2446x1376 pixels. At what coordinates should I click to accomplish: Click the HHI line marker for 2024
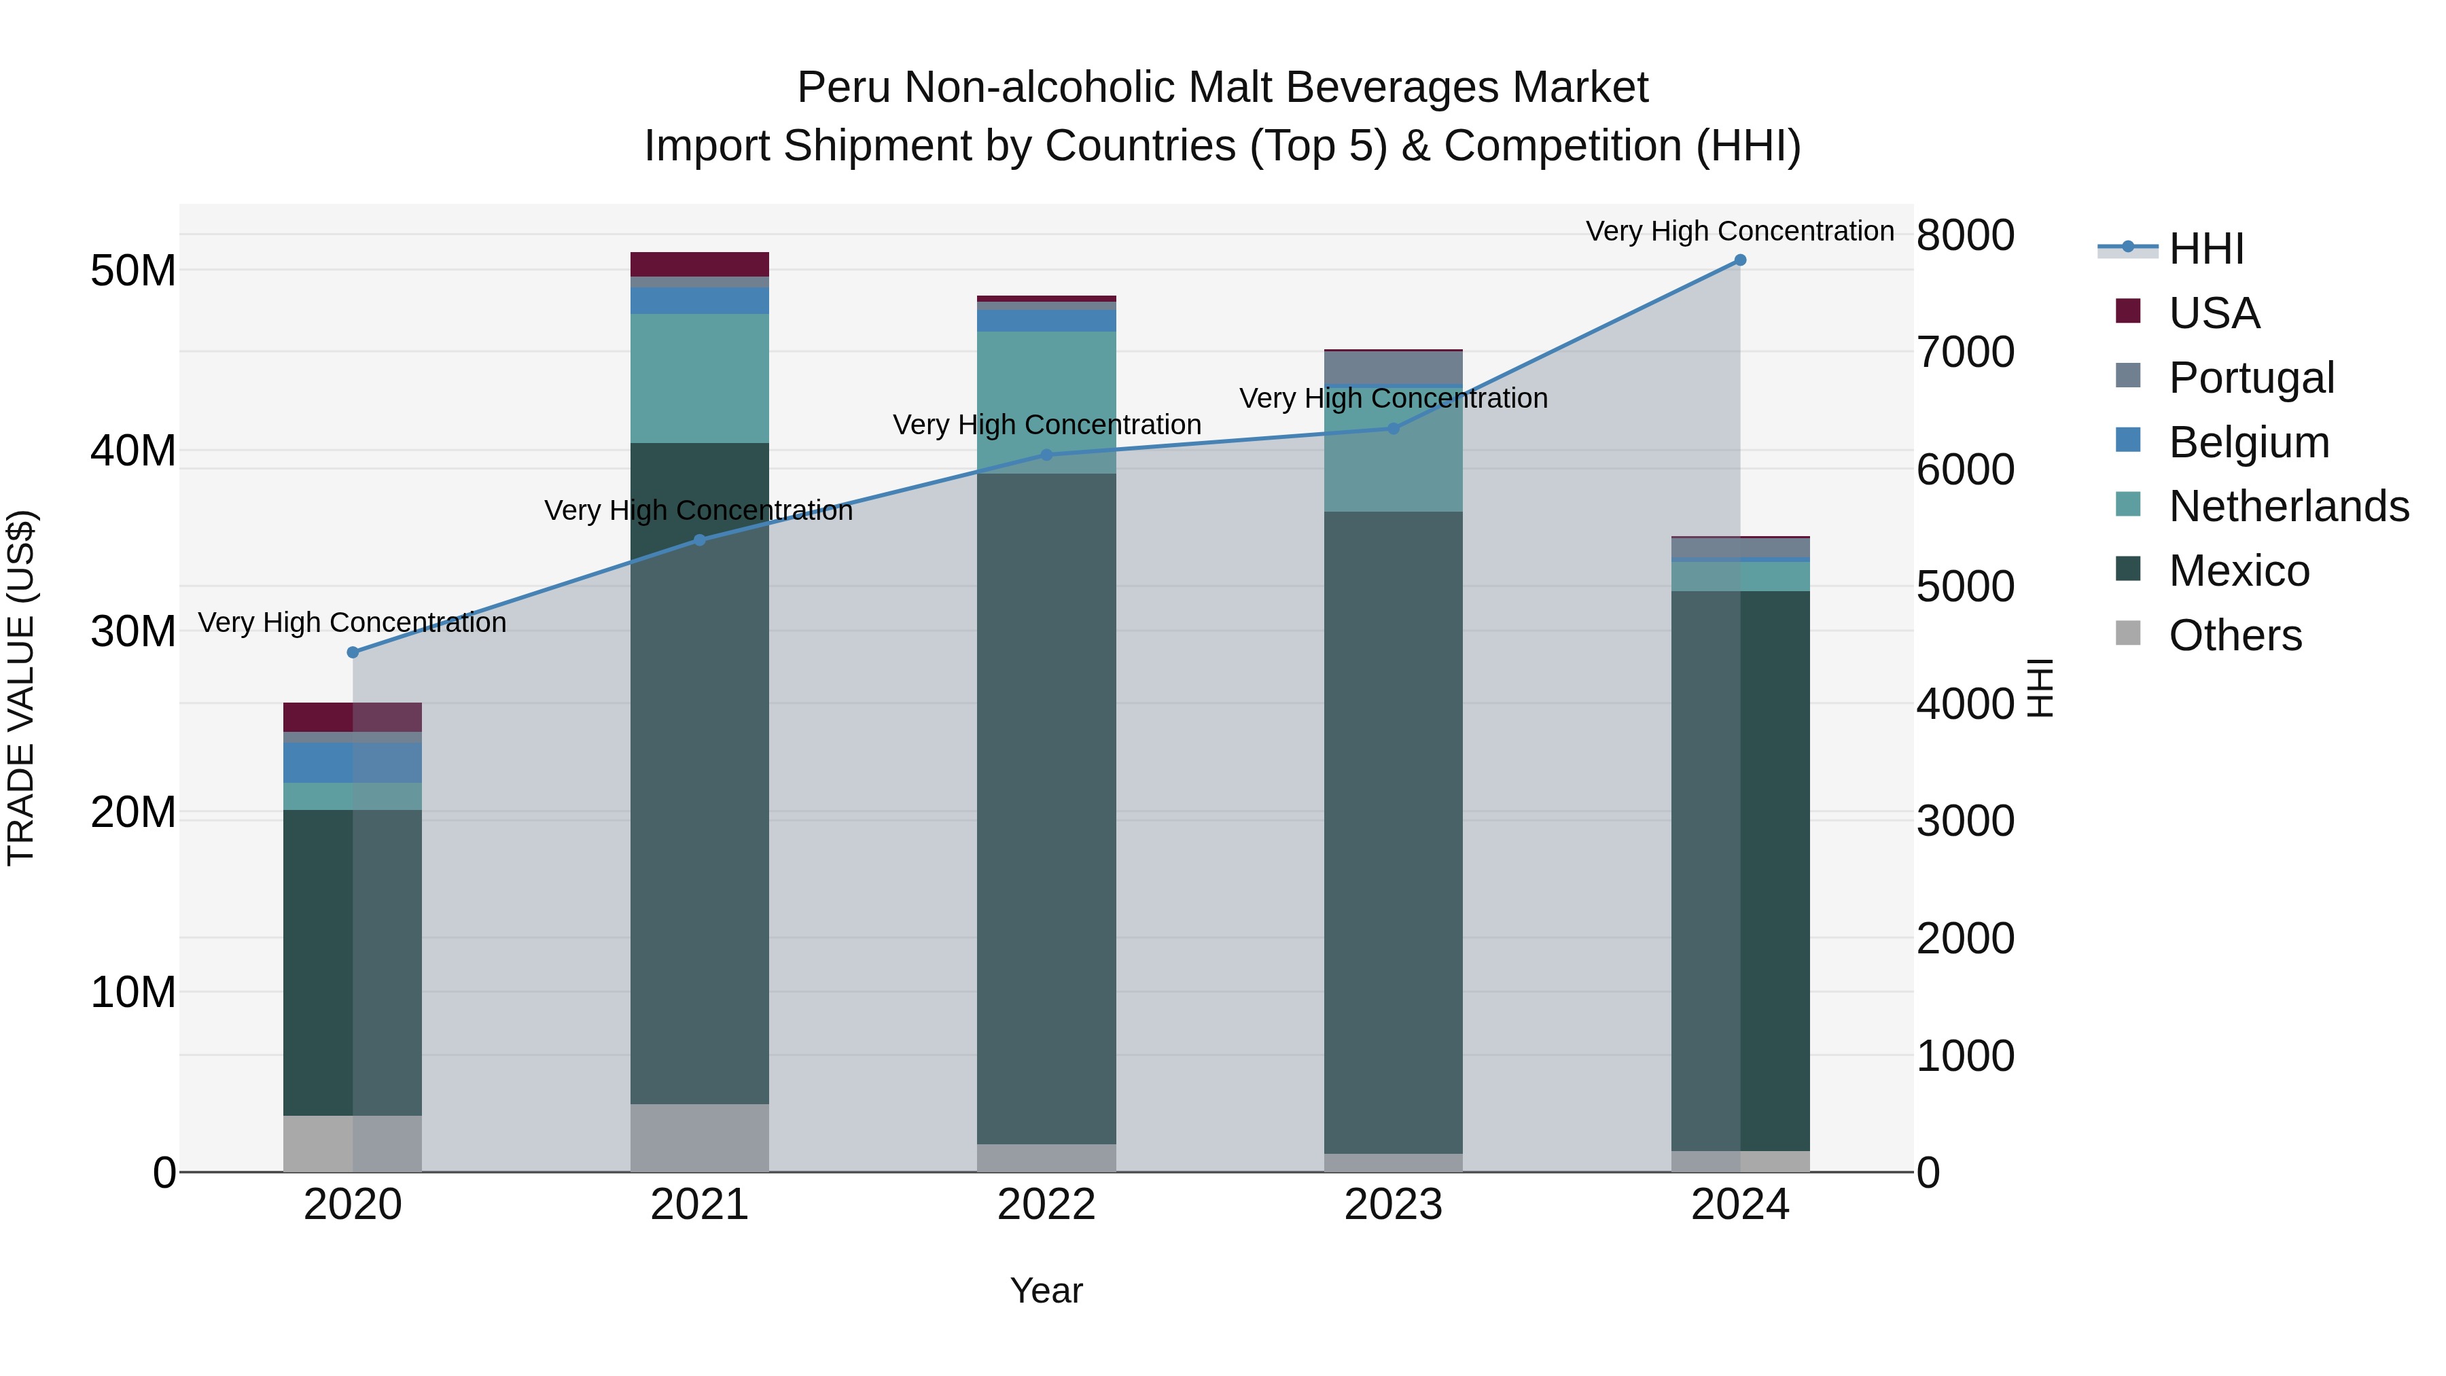1739,260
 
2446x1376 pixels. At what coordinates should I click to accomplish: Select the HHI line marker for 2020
353,652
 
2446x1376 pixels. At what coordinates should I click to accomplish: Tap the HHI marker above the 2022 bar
1046,455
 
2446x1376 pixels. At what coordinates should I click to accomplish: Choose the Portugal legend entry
2250,378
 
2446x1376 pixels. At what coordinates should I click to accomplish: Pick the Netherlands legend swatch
2128,505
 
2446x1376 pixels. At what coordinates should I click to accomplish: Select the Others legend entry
2234,635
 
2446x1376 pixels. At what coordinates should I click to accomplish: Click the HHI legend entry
2205,249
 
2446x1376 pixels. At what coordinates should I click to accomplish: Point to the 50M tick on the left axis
133,272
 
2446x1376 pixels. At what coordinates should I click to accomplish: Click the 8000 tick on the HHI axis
1964,236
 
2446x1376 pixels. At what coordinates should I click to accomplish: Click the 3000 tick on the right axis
1964,822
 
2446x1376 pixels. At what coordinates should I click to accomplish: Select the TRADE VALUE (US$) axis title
21,688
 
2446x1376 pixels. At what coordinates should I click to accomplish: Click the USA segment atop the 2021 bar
700,264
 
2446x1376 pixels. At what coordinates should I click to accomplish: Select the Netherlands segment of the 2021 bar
700,378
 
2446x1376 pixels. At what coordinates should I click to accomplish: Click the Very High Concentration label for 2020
352,623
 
